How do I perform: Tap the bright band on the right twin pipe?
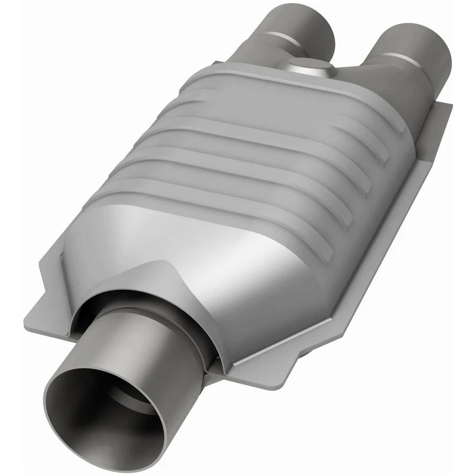click(397, 57)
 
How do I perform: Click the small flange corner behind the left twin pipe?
click(218, 63)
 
